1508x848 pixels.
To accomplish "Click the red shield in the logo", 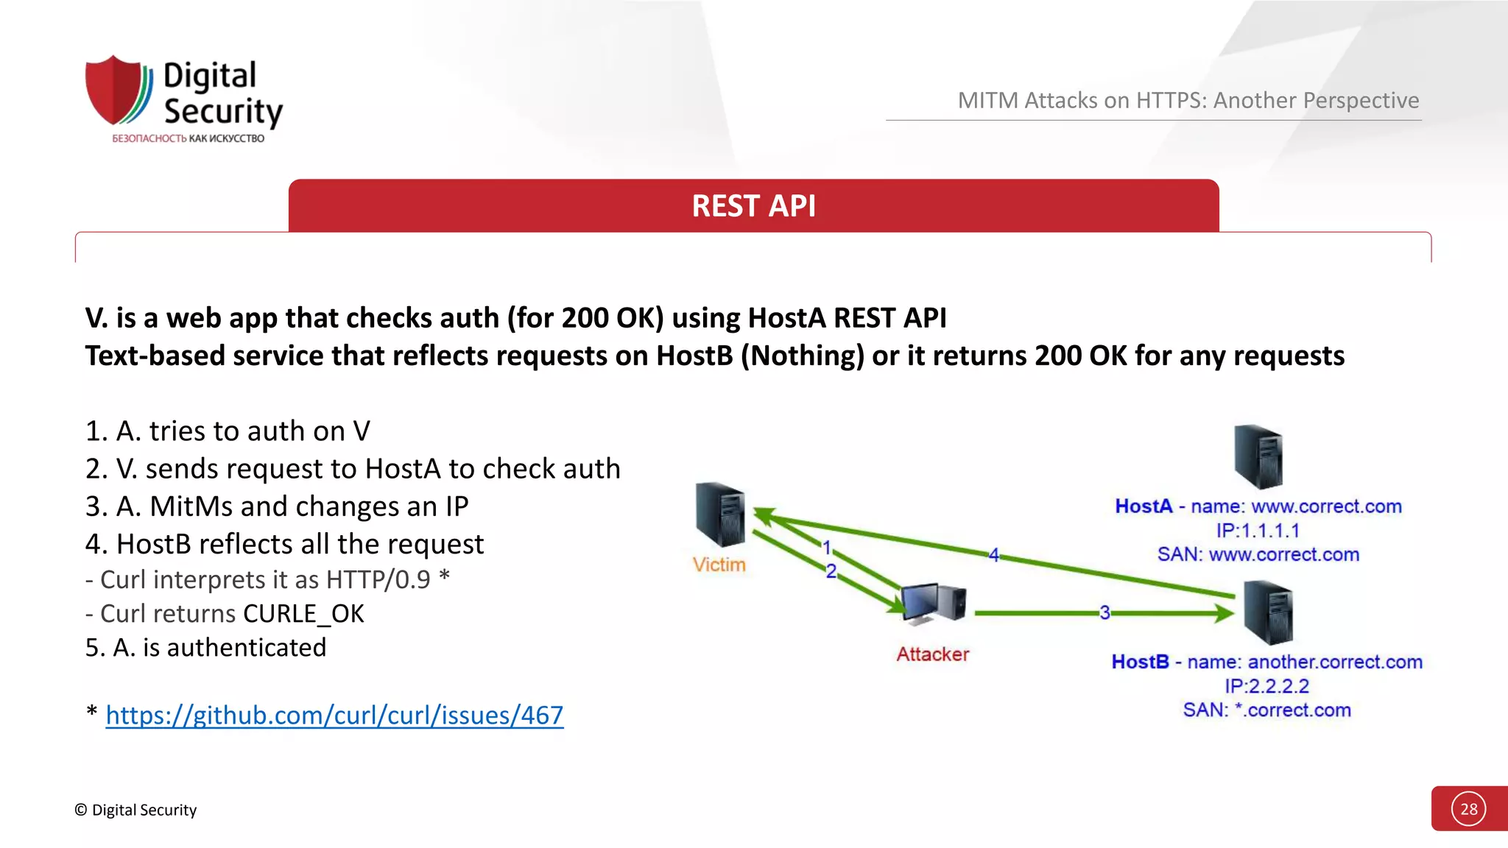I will tap(114, 90).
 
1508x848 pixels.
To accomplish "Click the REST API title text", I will tap(753, 206).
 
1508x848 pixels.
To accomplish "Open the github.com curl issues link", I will tap(334, 715).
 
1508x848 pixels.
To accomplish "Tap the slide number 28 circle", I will tap(1468, 809).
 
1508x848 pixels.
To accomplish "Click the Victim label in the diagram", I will tap(719, 565).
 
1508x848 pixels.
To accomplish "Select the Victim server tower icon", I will tap(719, 515).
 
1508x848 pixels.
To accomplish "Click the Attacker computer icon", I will tap(933, 604).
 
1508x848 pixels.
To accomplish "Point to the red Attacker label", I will tap(932, 654).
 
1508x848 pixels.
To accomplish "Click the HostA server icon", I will tap(1258, 457).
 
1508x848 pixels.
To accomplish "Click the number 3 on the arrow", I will tap(1104, 612).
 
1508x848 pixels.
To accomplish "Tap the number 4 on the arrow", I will tap(993, 555).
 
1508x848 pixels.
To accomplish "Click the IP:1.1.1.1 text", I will tap(1258, 531).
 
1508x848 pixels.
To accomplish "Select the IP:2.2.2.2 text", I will tap(1266, 686).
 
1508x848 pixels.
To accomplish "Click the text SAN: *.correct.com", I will tap(1266, 710).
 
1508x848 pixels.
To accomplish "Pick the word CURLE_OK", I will tap(303, 614).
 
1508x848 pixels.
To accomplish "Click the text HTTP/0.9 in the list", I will tap(378, 580).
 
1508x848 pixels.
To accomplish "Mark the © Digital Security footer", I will tap(135, 810).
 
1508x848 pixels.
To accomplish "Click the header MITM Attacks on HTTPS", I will tap(1188, 100).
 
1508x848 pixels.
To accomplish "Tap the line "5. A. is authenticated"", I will tap(205, 648).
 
